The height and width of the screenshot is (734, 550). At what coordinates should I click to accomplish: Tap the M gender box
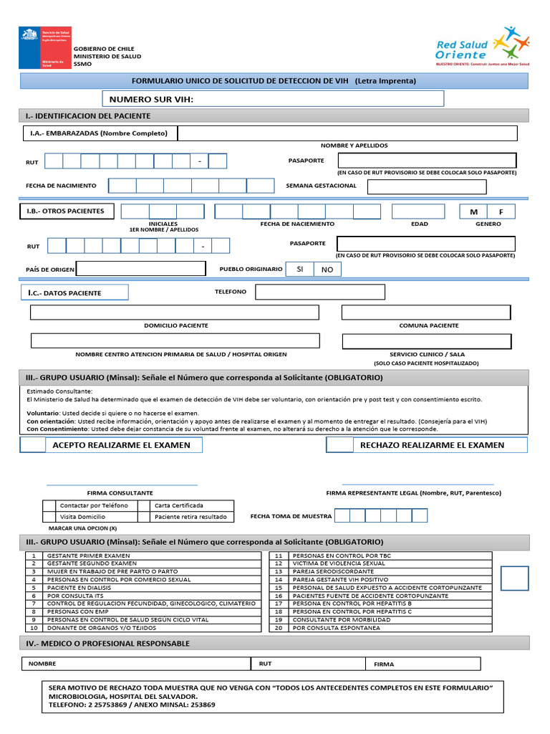click(x=473, y=211)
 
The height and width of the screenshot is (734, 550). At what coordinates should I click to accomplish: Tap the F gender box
click(x=501, y=211)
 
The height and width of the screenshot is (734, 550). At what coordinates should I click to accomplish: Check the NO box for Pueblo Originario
click(x=327, y=270)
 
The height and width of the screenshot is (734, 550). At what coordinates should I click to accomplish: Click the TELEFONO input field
click(x=319, y=292)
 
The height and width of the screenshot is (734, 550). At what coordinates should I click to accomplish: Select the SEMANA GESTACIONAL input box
click(x=426, y=186)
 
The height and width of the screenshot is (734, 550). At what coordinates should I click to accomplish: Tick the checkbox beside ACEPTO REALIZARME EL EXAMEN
click(x=32, y=445)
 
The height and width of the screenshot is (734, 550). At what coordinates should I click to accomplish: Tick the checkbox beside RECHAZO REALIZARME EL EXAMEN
click(x=339, y=445)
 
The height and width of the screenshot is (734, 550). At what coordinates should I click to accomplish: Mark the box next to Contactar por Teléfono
click(x=49, y=505)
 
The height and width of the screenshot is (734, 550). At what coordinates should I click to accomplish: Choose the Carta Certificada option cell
click(x=192, y=505)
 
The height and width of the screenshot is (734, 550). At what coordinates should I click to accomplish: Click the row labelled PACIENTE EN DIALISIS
click(x=143, y=588)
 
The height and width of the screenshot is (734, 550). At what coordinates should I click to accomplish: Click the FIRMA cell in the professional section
click(x=423, y=664)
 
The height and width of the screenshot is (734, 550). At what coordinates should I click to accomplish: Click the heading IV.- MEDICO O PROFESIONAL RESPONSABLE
click(x=107, y=644)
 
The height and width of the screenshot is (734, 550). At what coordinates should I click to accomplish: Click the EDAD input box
click(x=418, y=211)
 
